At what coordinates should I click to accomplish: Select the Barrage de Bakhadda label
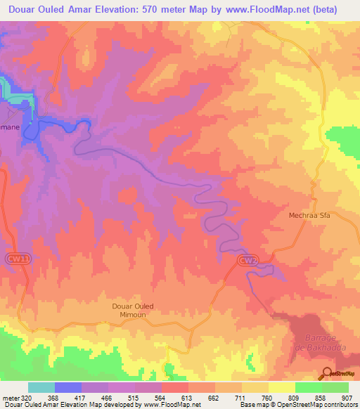(x=306, y=343)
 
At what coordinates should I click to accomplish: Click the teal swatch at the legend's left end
(x=41, y=387)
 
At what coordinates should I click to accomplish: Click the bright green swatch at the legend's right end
(x=335, y=387)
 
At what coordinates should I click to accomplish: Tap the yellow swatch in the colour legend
(x=282, y=387)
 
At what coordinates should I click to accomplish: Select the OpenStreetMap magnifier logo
(x=327, y=373)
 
